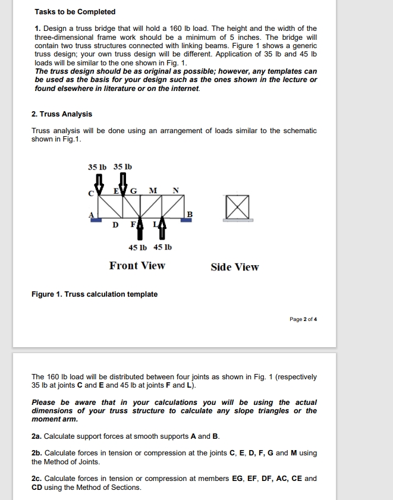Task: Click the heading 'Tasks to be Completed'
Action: [75, 12]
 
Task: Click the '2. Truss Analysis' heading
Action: [62, 114]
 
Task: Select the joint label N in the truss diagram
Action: [175, 190]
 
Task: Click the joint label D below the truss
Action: [115, 225]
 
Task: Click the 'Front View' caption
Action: [137, 266]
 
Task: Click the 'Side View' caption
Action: [235, 268]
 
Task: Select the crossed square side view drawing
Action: [238, 208]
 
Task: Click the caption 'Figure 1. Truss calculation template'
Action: [95, 294]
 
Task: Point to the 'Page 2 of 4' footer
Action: [303, 319]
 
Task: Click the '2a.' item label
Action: [37, 436]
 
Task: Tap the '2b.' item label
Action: [37, 453]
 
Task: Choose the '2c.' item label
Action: [37, 478]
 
